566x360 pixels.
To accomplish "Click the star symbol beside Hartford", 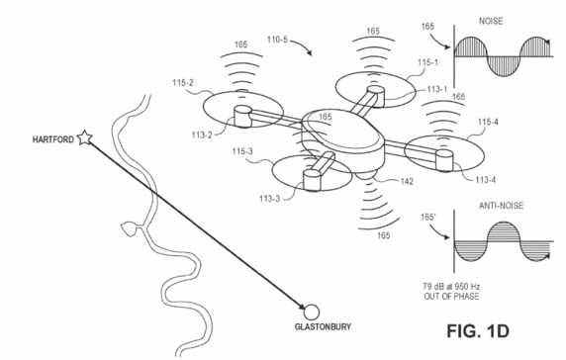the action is click(x=85, y=137).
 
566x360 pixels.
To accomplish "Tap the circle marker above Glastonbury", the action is click(x=312, y=312).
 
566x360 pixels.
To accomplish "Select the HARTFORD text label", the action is click(x=53, y=139).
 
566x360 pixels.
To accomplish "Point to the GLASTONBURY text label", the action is click(x=323, y=327).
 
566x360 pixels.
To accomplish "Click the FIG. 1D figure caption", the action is click(x=478, y=330).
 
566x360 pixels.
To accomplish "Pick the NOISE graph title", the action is click(x=491, y=22).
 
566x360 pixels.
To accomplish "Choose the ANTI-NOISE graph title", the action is click(x=501, y=206).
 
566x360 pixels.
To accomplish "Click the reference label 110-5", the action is click(x=277, y=40).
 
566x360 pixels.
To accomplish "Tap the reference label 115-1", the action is click(x=428, y=62).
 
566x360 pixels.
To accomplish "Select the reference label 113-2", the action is click(x=202, y=135).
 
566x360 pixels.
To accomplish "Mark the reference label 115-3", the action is click(x=242, y=151).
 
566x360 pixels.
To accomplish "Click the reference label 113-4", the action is click(x=486, y=180).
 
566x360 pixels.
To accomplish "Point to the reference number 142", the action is click(x=407, y=181).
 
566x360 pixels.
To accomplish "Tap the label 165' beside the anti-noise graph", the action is click(x=428, y=218).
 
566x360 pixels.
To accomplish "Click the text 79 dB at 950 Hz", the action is click(x=451, y=287).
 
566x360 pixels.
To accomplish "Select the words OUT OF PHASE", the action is click(x=451, y=297).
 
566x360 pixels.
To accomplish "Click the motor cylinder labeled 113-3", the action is click(x=312, y=180).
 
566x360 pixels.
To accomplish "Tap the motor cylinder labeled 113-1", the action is click(x=376, y=96).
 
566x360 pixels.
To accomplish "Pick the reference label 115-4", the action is click(x=488, y=123).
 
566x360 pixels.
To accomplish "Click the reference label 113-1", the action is click(x=437, y=89).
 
